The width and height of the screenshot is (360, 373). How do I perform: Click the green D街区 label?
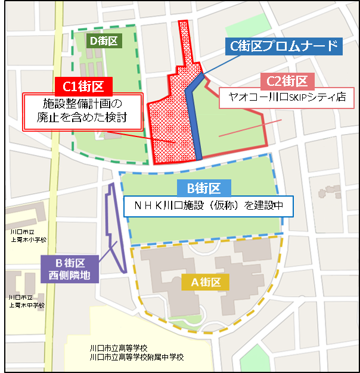coord(105,41)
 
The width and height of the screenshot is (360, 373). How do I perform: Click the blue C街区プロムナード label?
coord(284,46)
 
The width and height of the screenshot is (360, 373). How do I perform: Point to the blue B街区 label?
coord(204,189)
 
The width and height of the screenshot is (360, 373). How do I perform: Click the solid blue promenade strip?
coord(194,119)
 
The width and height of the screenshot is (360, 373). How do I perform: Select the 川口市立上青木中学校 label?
coord(27,301)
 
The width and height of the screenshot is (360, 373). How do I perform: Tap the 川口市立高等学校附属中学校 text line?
coord(136,357)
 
